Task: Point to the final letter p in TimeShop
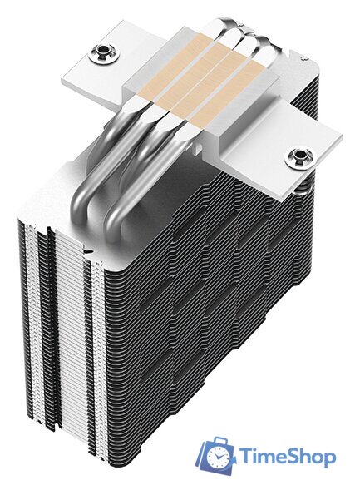(329, 459)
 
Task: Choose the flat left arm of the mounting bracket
(91, 62)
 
